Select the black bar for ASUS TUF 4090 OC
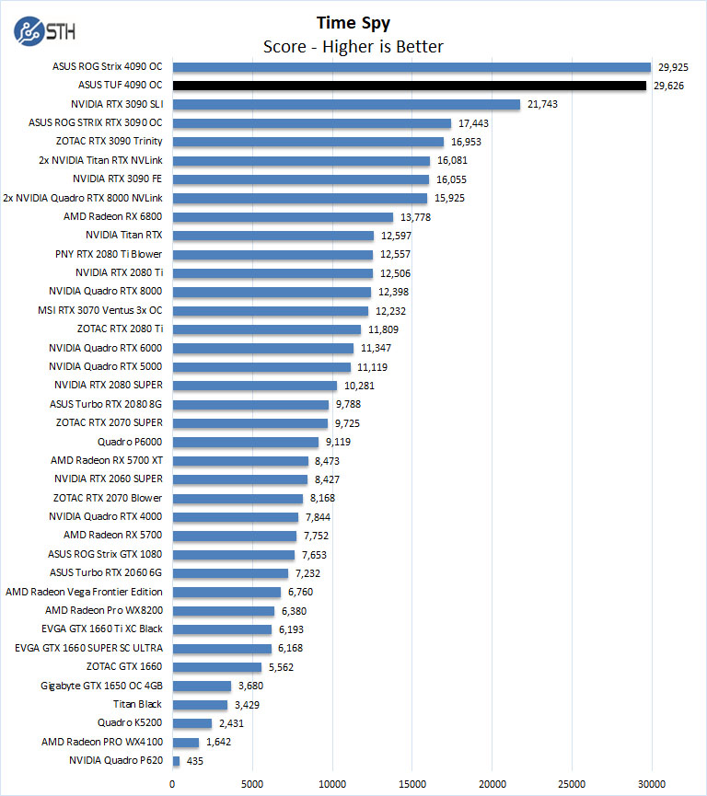(409, 86)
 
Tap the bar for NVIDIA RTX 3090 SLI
(346, 104)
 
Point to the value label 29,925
(674, 67)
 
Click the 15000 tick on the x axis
(412, 784)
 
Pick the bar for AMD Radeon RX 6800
(283, 217)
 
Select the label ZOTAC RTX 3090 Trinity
(109, 142)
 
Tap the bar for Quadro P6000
(245, 442)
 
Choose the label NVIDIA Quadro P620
(116, 761)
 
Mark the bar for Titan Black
(200, 705)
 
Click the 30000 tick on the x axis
(652, 784)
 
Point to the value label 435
(194, 761)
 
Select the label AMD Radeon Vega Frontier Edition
(84, 592)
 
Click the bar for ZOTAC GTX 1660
(217, 667)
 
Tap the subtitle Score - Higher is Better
(353, 46)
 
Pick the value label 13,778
(416, 217)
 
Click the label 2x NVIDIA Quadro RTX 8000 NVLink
(83, 198)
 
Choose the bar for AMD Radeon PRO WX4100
(186, 742)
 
